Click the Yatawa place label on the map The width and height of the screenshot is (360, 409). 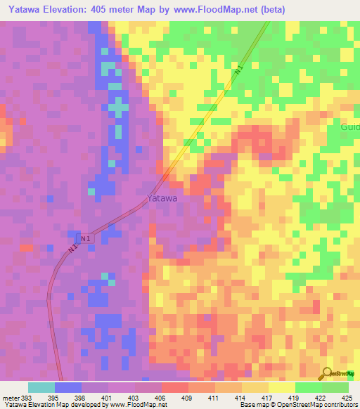coord(162,199)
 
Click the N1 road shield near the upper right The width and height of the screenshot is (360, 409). coord(238,71)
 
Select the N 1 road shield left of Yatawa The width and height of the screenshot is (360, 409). coord(85,239)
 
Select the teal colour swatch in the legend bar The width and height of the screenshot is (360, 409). coord(41,387)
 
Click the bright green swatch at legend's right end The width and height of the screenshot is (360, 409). coord(335,387)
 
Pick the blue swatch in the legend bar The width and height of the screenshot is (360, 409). coord(68,387)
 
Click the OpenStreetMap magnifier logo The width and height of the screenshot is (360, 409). coord(327,375)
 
